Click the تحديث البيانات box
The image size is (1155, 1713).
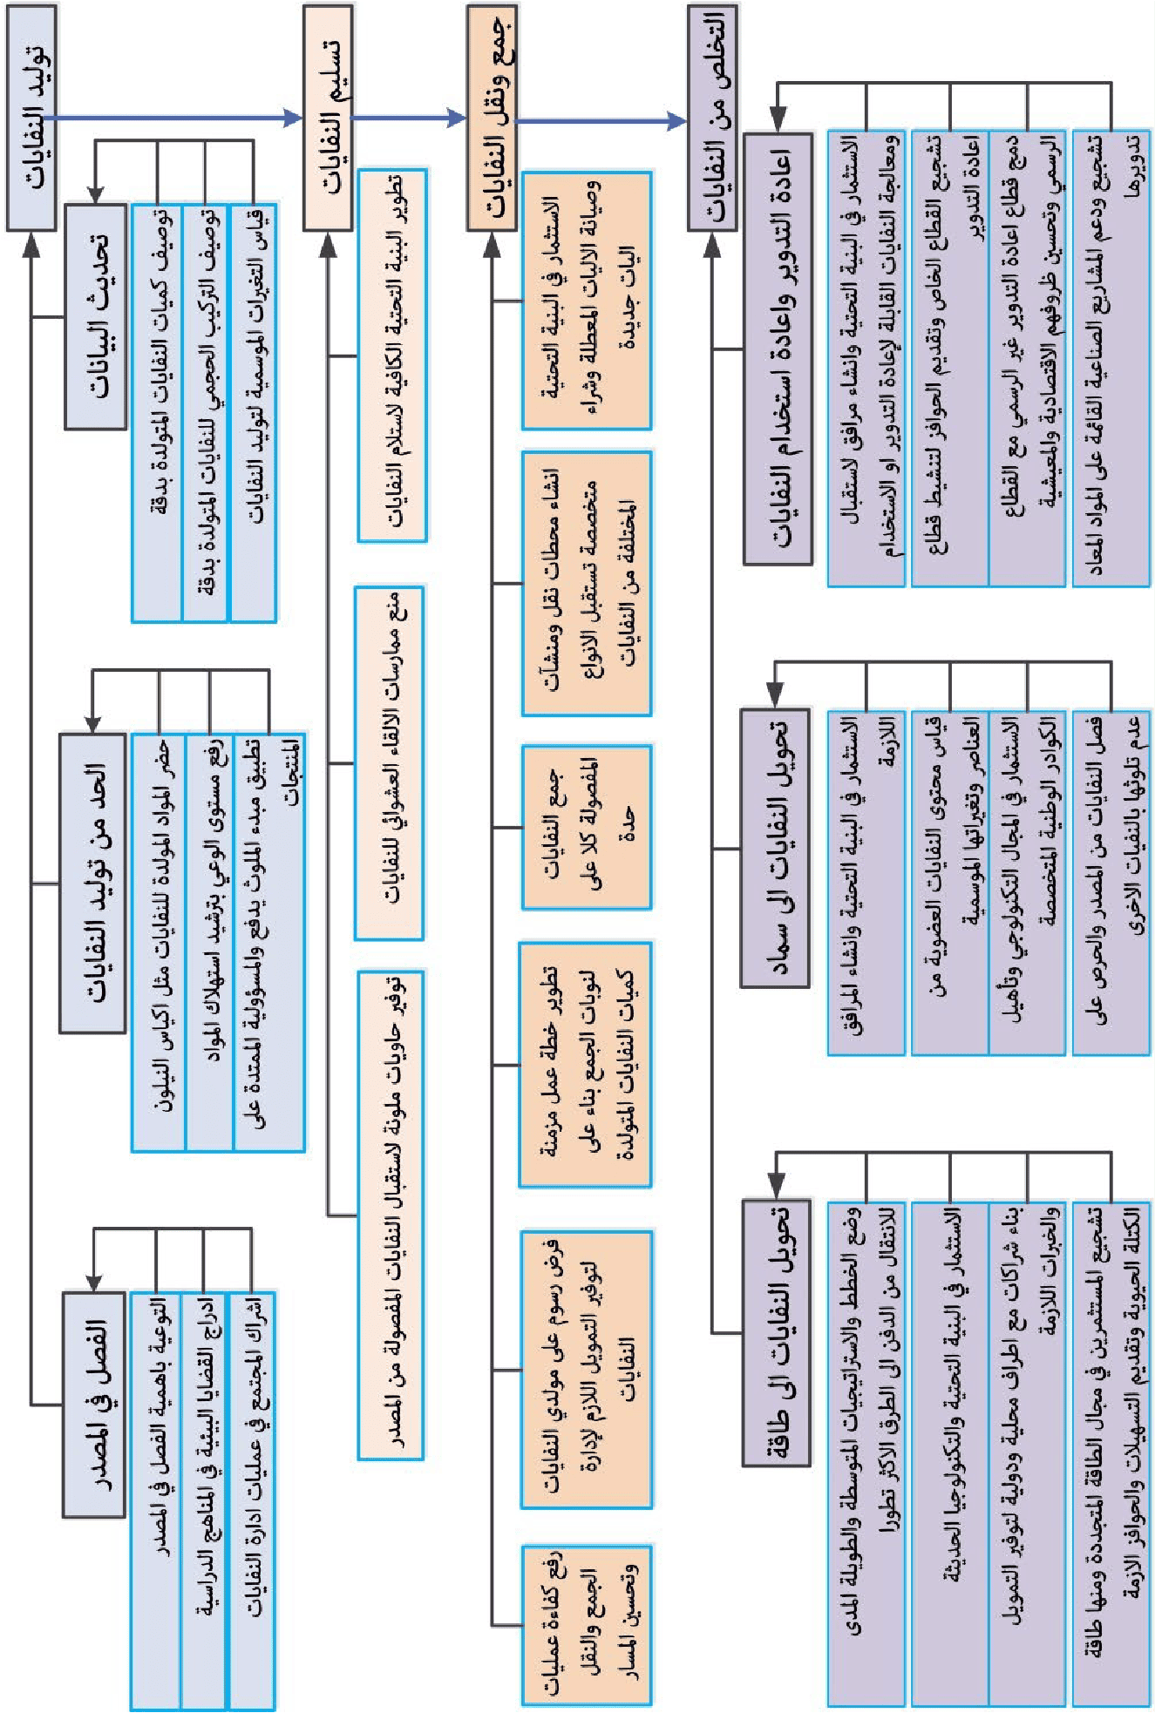[x=95, y=315]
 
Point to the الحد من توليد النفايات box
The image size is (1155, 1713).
[x=92, y=883]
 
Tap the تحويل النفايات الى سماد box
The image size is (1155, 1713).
[x=775, y=847]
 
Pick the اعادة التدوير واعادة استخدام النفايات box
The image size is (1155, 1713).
[x=778, y=349]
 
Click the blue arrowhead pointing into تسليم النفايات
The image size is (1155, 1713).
[x=293, y=118]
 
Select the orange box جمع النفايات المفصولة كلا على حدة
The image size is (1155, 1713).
[x=587, y=826]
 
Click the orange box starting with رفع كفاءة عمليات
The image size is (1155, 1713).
[x=587, y=1624]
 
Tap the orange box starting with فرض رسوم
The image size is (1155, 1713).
[x=587, y=1369]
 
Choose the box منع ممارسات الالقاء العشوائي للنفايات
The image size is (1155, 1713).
[x=389, y=762]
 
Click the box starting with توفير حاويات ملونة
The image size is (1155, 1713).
[x=391, y=1215]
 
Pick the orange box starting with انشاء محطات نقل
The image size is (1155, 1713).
[x=587, y=583]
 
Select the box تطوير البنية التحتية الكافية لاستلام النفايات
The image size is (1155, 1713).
[x=392, y=355]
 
